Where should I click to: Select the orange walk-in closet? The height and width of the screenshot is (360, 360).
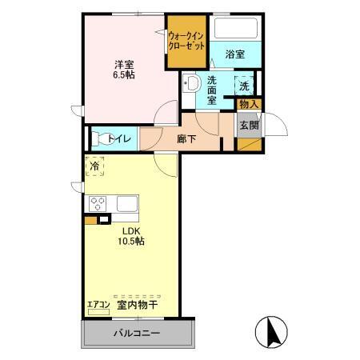187,43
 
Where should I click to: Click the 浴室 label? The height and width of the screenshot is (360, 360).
234,55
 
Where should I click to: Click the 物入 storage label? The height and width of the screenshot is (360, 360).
249,104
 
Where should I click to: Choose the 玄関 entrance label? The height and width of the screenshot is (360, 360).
248,126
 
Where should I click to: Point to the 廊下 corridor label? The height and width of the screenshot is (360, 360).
186,137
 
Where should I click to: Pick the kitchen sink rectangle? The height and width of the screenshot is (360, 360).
129,203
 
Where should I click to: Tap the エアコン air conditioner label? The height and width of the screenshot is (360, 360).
98,304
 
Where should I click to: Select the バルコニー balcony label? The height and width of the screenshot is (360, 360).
135,333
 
